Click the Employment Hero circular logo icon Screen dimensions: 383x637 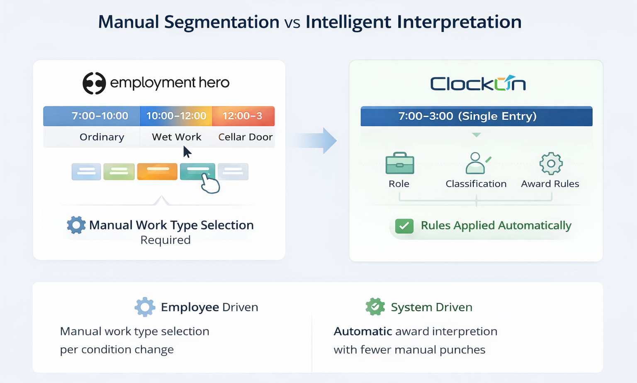[94, 83]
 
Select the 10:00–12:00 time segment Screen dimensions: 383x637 [176, 116]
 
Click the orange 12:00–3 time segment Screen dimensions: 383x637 [243, 116]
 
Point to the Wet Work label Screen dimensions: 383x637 [176, 137]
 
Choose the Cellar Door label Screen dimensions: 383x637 [245, 137]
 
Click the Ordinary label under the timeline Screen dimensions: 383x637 [102, 137]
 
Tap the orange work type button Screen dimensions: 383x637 [157, 171]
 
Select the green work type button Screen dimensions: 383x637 [119, 171]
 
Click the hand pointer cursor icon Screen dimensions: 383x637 [210, 183]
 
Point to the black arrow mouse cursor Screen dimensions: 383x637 [187, 152]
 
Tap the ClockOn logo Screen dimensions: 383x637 [478, 83]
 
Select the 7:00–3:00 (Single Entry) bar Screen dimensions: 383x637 [476, 116]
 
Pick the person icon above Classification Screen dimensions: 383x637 [476, 163]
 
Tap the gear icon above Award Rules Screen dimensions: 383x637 [551, 163]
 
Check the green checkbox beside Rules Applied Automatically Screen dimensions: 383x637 [404, 226]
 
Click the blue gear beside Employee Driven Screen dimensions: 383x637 [145, 307]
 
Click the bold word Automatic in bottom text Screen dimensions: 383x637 [363, 331]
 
